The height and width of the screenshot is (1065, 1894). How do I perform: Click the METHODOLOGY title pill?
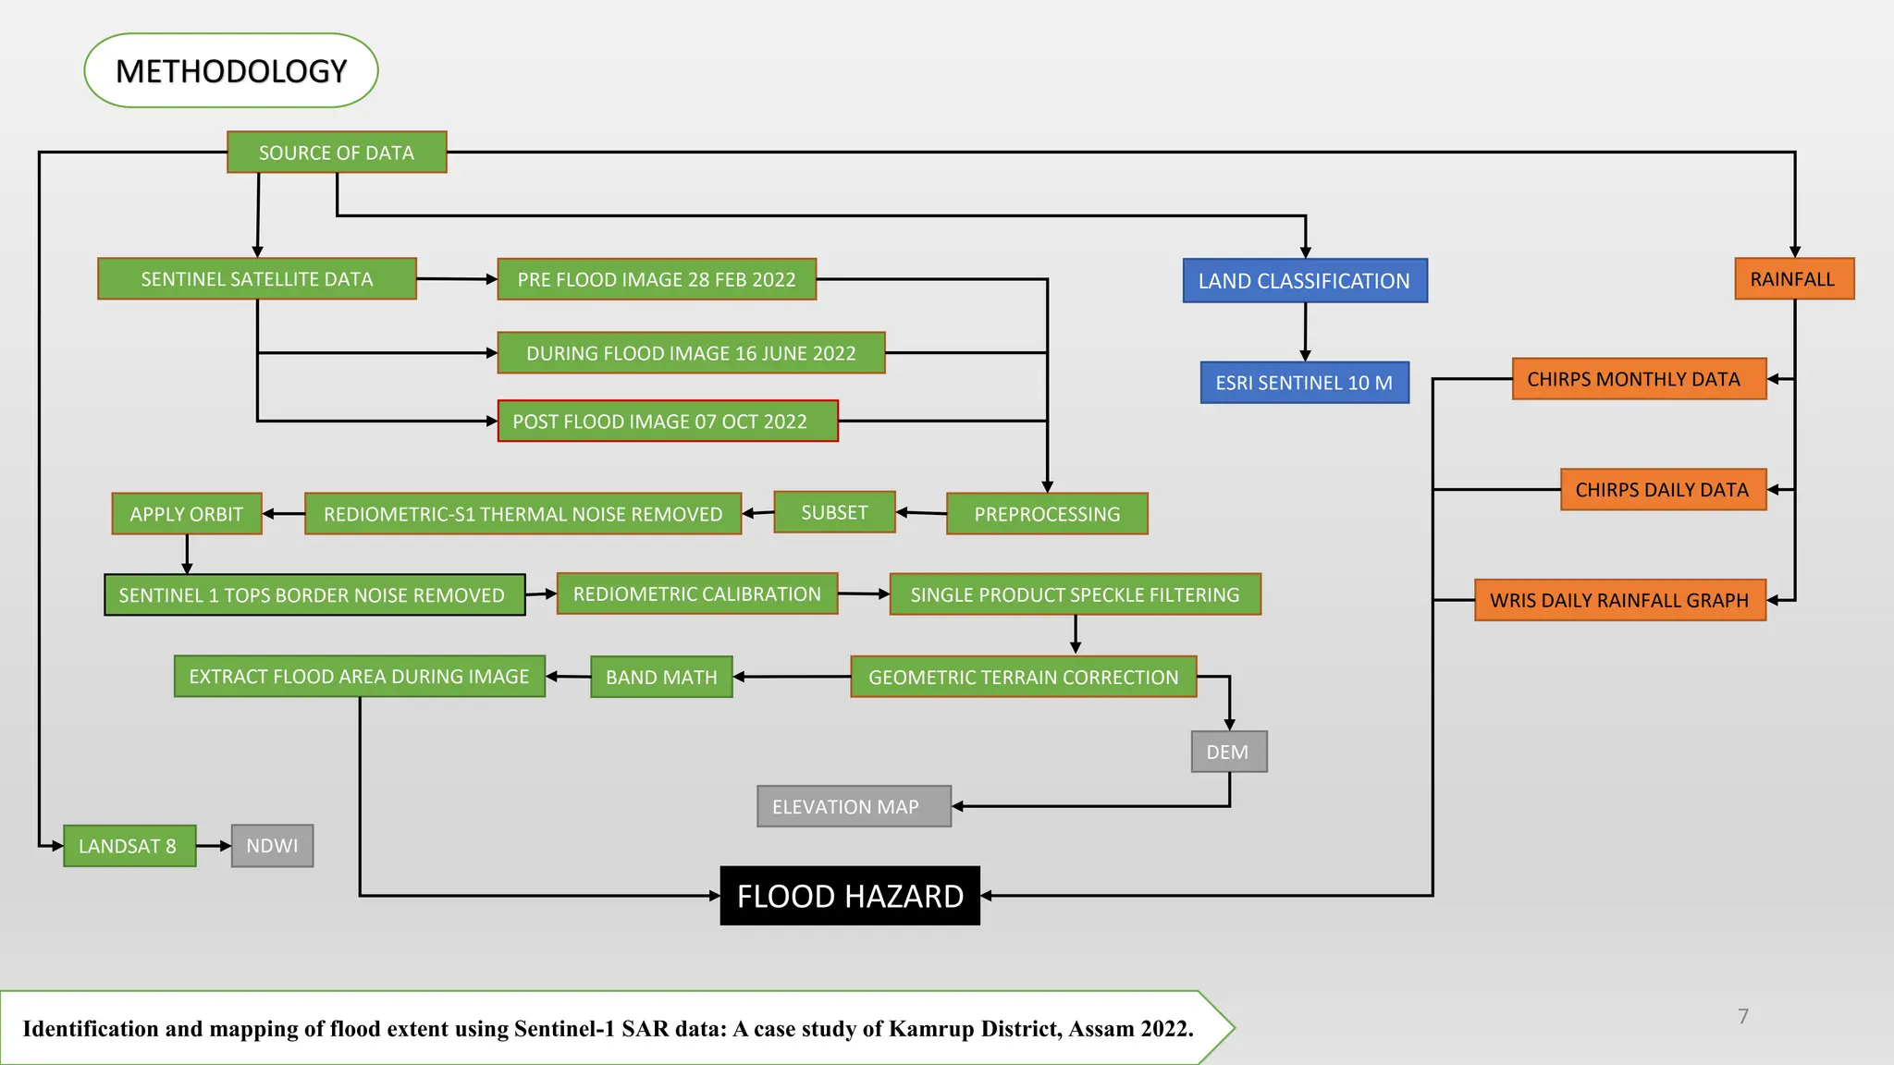pyautogui.click(x=231, y=71)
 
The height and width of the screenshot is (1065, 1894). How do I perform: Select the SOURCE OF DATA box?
pyautogui.click(x=337, y=153)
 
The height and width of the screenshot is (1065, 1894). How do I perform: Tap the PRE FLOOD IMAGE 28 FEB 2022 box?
pyautogui.click(x=657, y=279)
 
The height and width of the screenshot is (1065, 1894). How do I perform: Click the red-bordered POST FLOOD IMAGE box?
pyautogui.click(x=668, y=422)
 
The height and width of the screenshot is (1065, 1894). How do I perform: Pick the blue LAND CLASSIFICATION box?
pyautogui.click(x=1305, y=281)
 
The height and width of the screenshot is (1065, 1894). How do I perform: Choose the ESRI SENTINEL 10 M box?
pyautogui.click(x=1304, y=383)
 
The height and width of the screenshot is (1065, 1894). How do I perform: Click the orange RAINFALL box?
pyautogui.click(x=1793, y=279)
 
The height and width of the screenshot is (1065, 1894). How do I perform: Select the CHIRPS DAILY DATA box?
pyautogui.click(x=1663, y=490)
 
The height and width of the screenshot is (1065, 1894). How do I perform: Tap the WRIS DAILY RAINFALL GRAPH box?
pyautogui.click(x=1619, y=600)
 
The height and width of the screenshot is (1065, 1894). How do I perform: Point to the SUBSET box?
pyautogui.click(x=834, y=512)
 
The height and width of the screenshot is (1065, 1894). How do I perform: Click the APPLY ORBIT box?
pyautogui.click(x=187, y=514)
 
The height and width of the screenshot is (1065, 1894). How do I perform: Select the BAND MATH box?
pyautogui.click(x=661, y=677)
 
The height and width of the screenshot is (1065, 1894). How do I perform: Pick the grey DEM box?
pyautogui.click(x=1228, y=752)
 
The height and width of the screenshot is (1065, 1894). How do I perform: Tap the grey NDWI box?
pyautogui.click(x=272, y=846)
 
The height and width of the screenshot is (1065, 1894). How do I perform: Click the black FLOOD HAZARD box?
pyautogui.click(x=850, y=896)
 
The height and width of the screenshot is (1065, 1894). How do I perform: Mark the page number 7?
pyautogui.click(x=1743, y=1016)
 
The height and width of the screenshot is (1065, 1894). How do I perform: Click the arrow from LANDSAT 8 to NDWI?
pyautogui.click(x=214, y=846)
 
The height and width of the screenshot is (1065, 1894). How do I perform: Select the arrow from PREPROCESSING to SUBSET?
pyautogui.click(x=921, y=512)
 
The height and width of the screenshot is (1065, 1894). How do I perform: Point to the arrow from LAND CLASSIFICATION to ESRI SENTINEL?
pyautogui.click(x=1305, y=332)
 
